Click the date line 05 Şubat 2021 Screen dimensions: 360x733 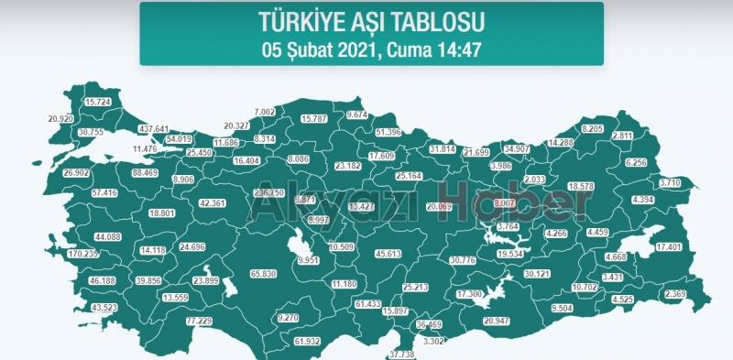371,46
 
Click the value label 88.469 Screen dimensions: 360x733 145,172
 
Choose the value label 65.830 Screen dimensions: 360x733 263,274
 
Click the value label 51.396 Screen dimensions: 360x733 389,133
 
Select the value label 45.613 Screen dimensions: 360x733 388,254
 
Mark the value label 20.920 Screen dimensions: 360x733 60,119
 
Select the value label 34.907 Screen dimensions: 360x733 518,148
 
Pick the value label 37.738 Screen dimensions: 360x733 402,353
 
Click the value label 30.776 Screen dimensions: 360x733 464,261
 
